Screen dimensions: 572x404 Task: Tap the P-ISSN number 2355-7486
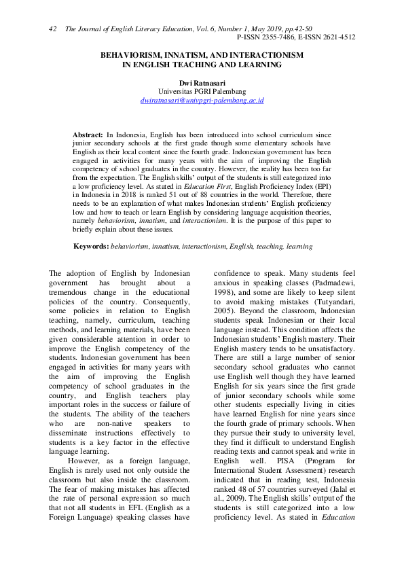287,37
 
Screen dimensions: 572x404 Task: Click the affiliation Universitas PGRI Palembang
202,91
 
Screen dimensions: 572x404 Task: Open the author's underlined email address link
202,100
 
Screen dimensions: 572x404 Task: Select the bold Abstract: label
88,136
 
